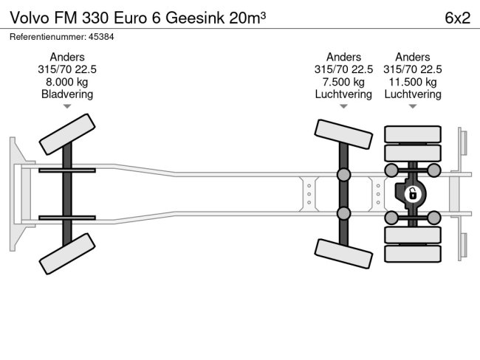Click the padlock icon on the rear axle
click(x=413, y=195)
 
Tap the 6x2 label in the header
click(x=458, y=18)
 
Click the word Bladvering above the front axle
click(x=67, y=94)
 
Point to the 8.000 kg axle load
click(x=67, y=81)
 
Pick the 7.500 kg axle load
click(x=344, y=81)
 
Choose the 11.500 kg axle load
click(x=413, y=81)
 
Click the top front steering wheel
click(x=67, y=134)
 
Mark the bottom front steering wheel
click(x=67, y=254)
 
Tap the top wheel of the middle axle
click(x=343, y=134)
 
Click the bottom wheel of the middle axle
click(x=343, y=254)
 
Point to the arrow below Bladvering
click(x=67, y=106)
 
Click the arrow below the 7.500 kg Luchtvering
click(x=344, y=106)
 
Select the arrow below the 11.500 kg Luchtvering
click(x=413, y=106)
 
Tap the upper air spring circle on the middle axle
click(x=343, y=175)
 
